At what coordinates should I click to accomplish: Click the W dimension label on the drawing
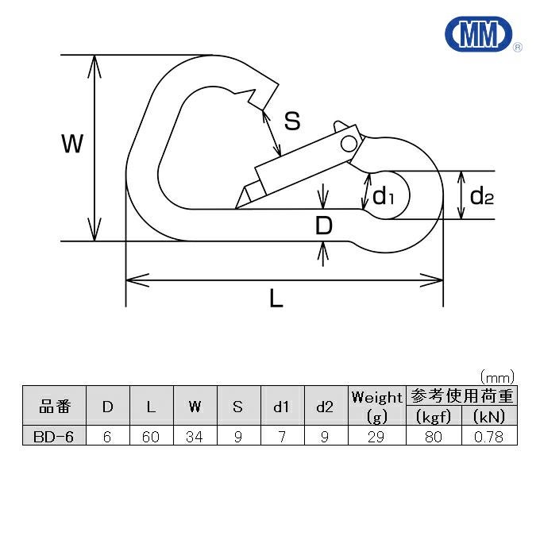[72, 145]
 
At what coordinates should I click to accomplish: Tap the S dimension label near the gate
[292, 121]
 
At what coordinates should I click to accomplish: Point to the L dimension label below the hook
[276, 299]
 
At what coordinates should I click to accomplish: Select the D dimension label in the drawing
[323, 226]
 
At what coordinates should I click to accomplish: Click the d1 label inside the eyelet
[384, 195]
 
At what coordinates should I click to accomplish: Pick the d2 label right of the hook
[481, 195]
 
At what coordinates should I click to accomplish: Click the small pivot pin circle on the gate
[349, 143]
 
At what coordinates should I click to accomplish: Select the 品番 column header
[55, 407]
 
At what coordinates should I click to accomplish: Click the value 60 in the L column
[151, 436]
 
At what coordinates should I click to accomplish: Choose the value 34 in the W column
[195, 436]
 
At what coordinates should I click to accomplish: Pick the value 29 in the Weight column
[377, 436]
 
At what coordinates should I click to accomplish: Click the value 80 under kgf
[434, 436]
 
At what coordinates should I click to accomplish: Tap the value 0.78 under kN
[489, 436]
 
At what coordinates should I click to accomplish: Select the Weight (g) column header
[377, 406]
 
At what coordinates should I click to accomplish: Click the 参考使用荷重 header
[461, 395]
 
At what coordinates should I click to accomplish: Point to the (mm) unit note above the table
[498, 376]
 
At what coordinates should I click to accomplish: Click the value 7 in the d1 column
[281, 436]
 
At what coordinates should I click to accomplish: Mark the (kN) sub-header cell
[489, 417]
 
